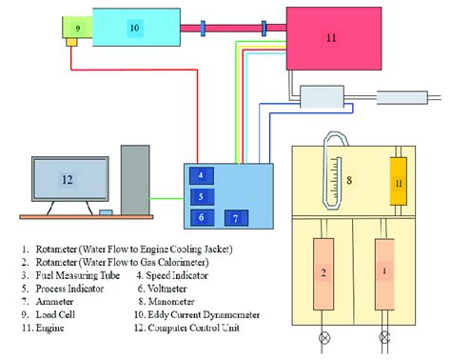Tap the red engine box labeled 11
[x=331, y=38]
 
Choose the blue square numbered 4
[x=201, y=175]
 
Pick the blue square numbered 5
[x=201, y=196]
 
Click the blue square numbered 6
[x=201, y=217]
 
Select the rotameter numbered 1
[x=384, y=273]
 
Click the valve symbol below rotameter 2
[x=324, y=338]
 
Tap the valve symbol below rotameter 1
[x=384, y=338]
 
